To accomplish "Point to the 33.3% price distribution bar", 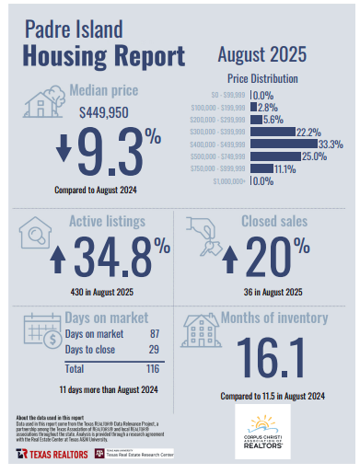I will point(282,144).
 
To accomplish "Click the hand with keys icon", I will point(202,236).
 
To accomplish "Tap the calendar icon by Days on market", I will point(41,328).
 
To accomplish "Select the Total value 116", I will point(155,368).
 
